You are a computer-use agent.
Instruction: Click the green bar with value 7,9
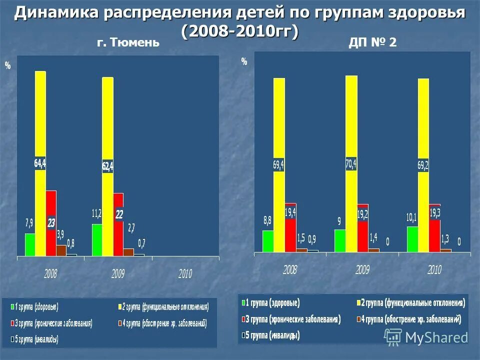point(30,245)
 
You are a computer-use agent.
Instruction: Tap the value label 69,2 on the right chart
point(423,165)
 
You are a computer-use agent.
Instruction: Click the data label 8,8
point(267,219)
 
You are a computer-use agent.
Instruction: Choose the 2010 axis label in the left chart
point(185,273)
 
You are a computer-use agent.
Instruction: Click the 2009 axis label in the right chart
point(362,270)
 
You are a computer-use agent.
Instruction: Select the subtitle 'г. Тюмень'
point(128,43)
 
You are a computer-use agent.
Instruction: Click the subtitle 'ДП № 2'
point(372,43)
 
